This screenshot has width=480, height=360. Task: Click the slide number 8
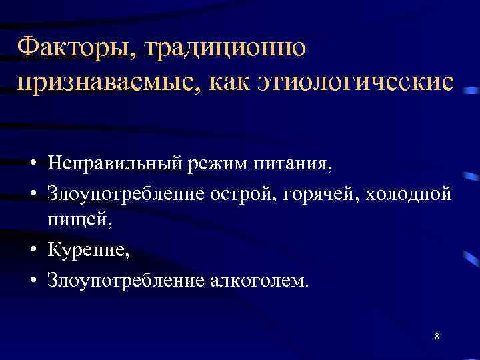[x=436, y=337]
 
